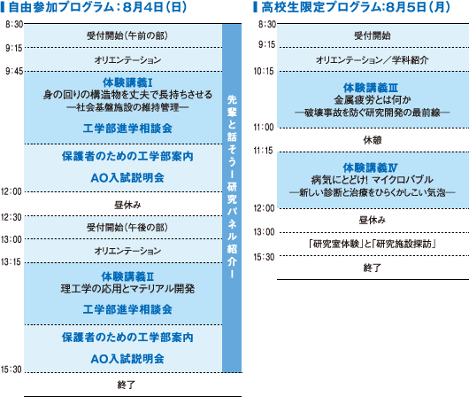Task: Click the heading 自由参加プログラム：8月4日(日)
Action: click(98, 7)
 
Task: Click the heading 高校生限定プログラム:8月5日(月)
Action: click(356, 7)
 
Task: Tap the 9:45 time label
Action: click(14, 71)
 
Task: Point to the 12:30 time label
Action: click(12, 217)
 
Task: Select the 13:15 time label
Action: click(12, 262)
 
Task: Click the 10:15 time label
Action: click(264, 71)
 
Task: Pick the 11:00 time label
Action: click(264, 128)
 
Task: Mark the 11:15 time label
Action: click(264, 151)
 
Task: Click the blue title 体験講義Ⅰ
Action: click(127, 82)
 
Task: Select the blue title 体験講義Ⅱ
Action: click(127, 276)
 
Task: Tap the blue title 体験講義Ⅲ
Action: click(371, 88)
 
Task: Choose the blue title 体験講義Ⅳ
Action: click(370, 167)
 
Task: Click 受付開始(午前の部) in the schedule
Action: click(127, 35)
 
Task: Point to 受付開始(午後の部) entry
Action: click(127, 228)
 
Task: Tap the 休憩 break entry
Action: click(373, 140)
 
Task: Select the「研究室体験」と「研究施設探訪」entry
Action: click(373, 245)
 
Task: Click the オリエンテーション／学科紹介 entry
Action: click(373, 60)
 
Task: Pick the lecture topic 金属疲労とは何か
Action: click(373, 100)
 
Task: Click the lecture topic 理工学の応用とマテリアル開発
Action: click(127, 289)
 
